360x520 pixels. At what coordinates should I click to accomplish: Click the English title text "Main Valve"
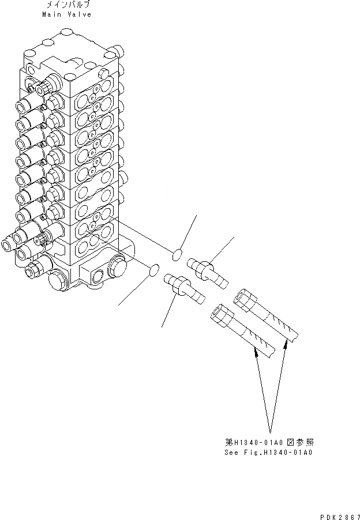[66, 14]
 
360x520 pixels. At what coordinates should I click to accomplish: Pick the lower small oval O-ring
[153, 268]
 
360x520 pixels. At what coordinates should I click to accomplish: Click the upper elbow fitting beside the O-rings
[211, 272]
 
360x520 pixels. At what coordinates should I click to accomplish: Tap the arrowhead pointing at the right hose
[286, 344]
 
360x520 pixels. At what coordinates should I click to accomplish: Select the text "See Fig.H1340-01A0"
[269, 453]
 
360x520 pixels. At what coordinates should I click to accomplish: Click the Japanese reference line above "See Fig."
[269, 442]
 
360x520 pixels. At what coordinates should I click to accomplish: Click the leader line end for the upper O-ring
[197, 215]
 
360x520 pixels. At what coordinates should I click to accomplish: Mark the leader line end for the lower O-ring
[119, 304]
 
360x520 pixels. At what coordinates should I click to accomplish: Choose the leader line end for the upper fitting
[233, 236]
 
